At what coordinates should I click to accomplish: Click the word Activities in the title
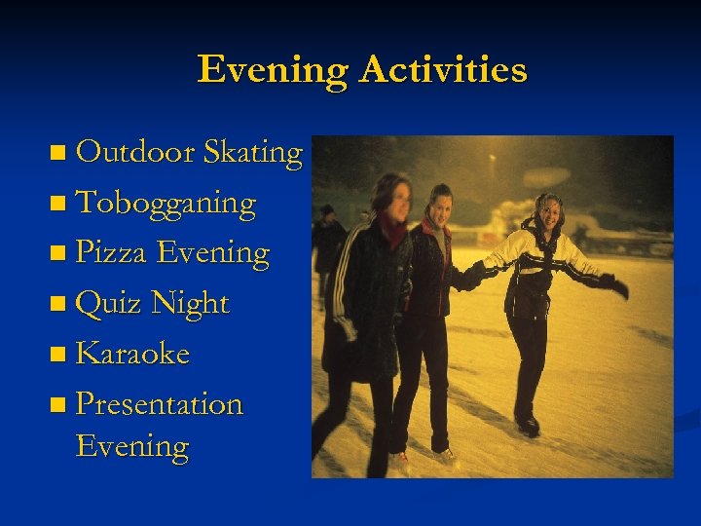click(443, 70)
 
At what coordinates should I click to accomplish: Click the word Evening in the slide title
click(274, 70)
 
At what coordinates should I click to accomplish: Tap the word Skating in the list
click(252, 152)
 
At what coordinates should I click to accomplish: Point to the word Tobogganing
click(166, 203)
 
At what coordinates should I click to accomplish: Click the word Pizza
click(111, 253)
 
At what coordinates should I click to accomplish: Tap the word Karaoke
click(132, 354)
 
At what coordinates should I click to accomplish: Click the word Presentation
click(159, 403)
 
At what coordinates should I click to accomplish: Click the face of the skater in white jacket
click(549, 211)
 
